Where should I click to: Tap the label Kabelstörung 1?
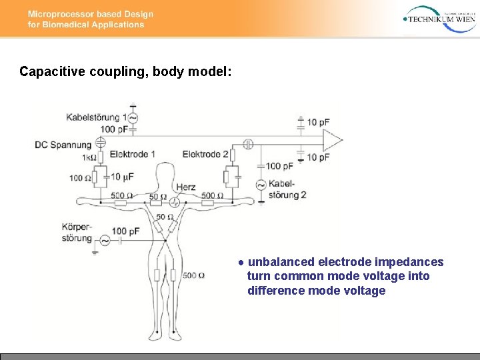[96, 117]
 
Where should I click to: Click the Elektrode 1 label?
[132, 154]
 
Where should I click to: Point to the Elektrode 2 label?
[205, 154]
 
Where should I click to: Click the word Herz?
[186, 187]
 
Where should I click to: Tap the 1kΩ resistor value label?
[89, 158]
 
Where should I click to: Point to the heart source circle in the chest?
[175, 202]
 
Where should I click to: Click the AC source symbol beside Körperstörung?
[105, 241]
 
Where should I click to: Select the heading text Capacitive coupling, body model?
[125, 71]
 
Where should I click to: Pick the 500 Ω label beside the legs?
[193, 275]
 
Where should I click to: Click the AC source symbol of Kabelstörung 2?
[261, 185]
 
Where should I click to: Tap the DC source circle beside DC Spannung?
[101, 143]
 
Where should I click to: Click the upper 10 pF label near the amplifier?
[317, 122]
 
